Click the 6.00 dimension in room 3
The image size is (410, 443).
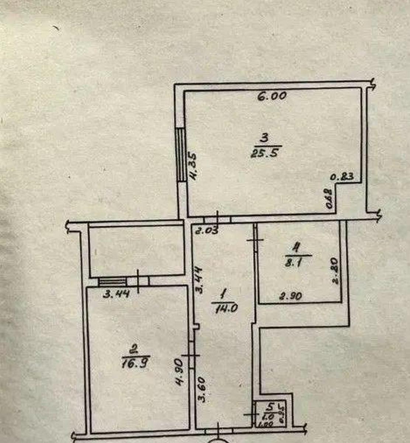click(x=272, y=96)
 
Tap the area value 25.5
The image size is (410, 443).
click(x=264, y=154)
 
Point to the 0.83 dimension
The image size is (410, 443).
click(x=343, y=177)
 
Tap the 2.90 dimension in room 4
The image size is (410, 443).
click(x=291, y=296)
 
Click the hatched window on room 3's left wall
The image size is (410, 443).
click(x=181, y=154)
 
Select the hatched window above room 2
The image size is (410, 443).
click(x=112, y=282)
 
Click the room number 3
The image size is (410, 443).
click(x=264, y=138)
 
